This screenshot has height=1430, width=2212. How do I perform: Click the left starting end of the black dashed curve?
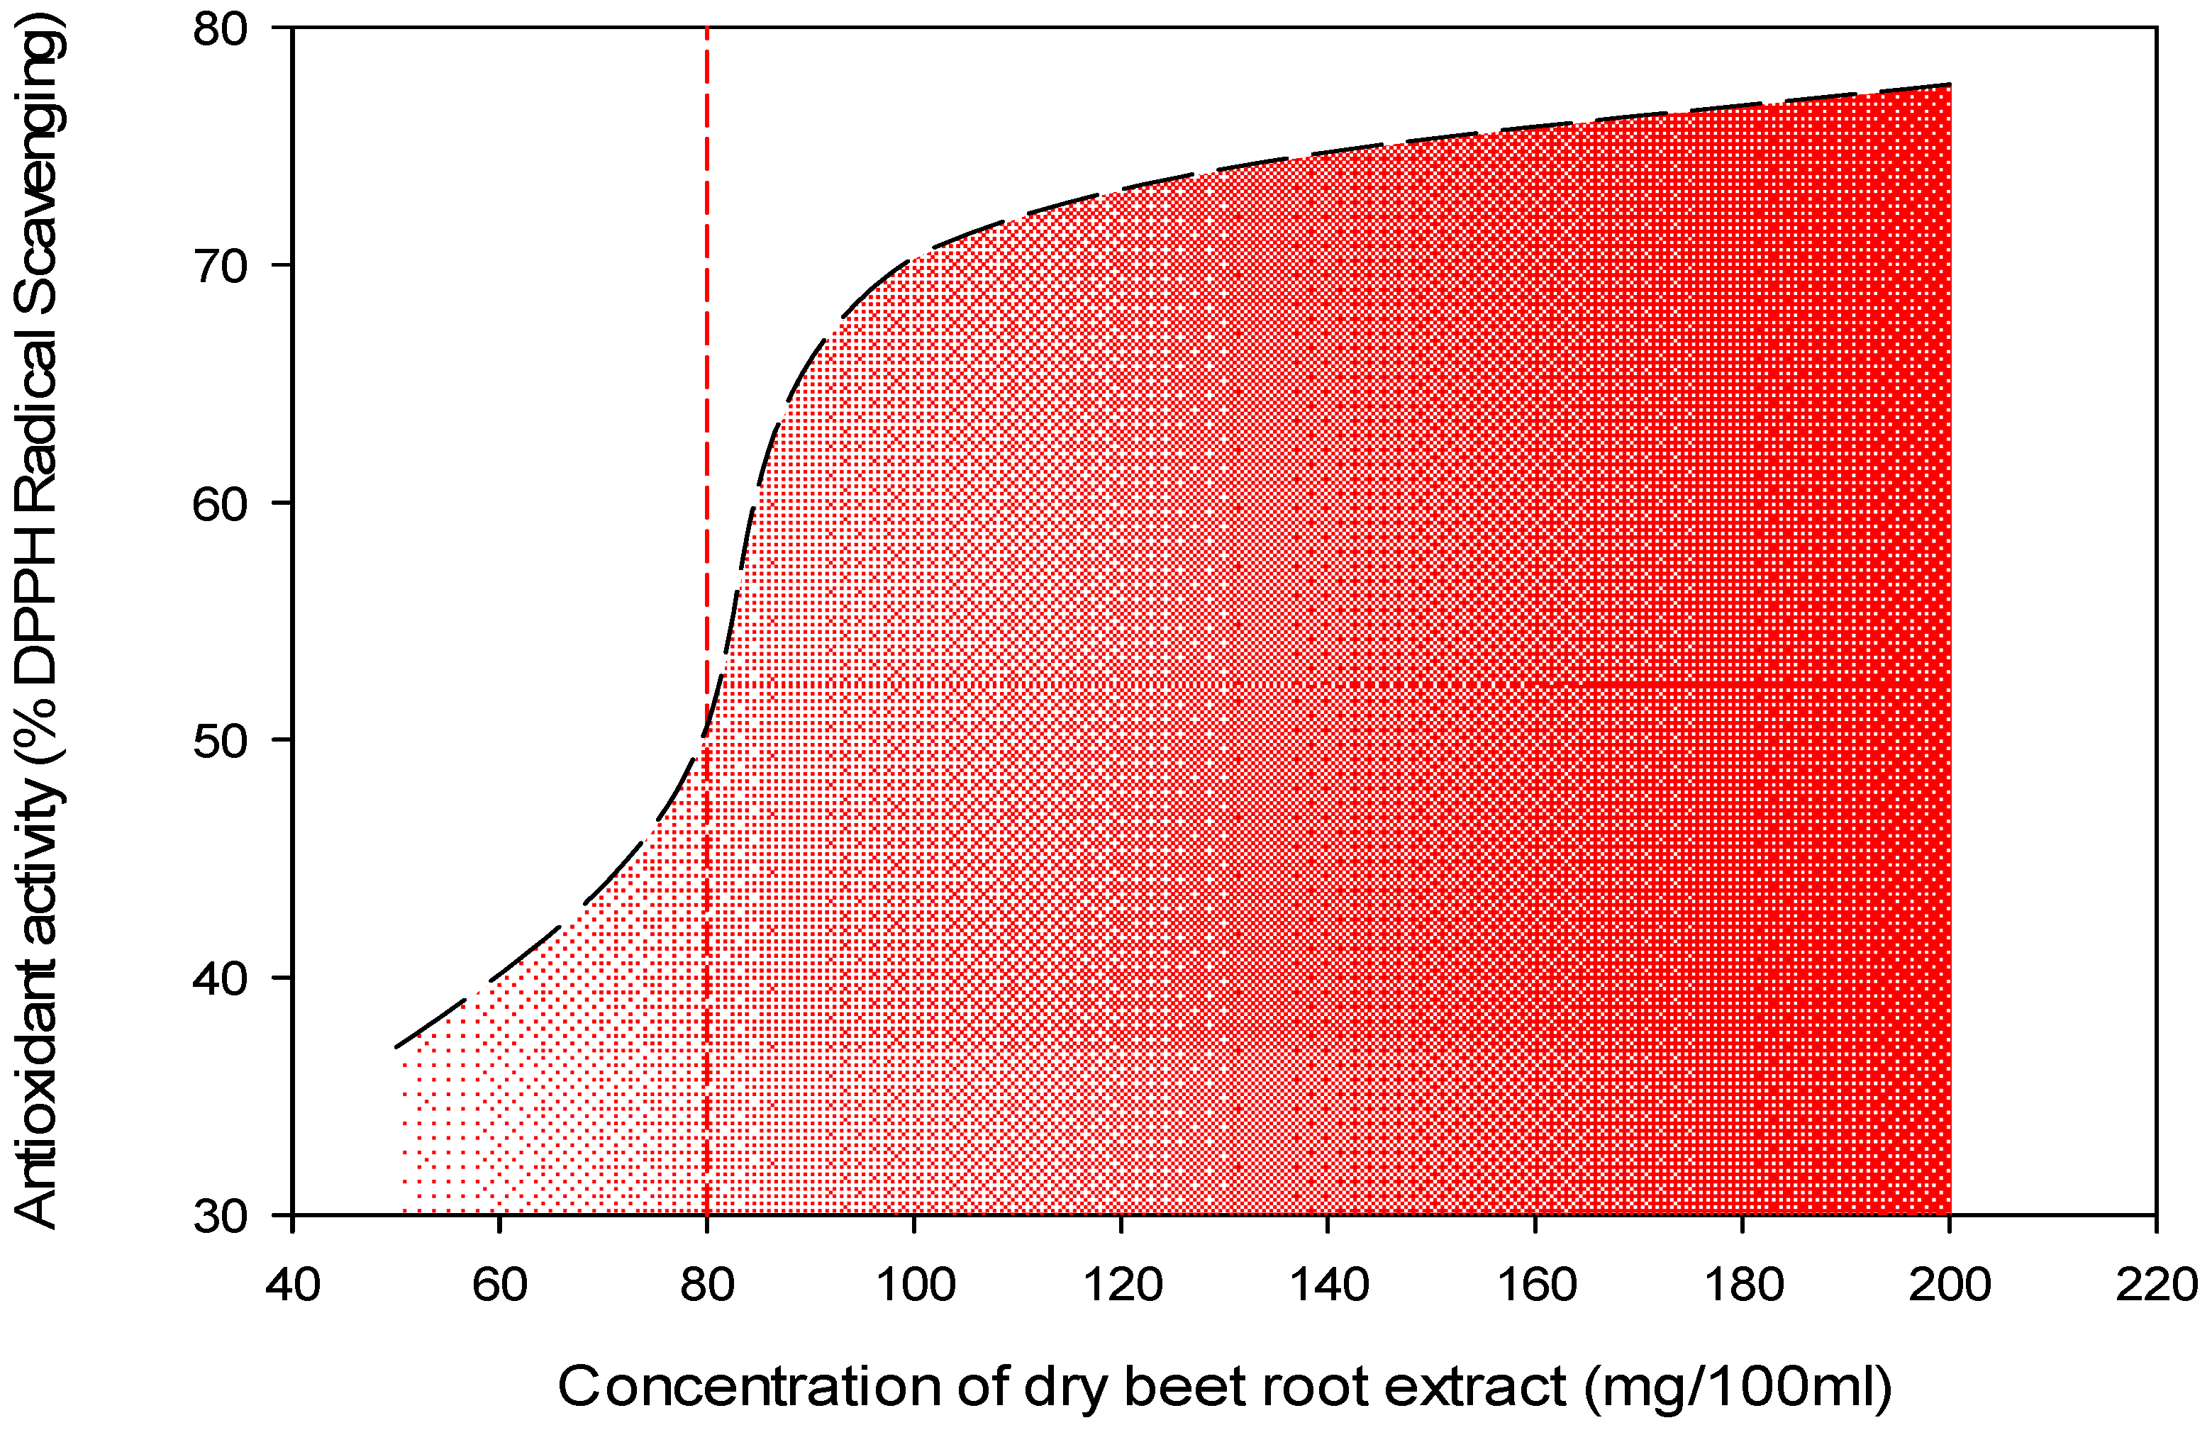click(x=397, y=1046)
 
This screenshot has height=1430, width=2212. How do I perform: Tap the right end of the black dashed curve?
click(x=1948, y=84)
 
